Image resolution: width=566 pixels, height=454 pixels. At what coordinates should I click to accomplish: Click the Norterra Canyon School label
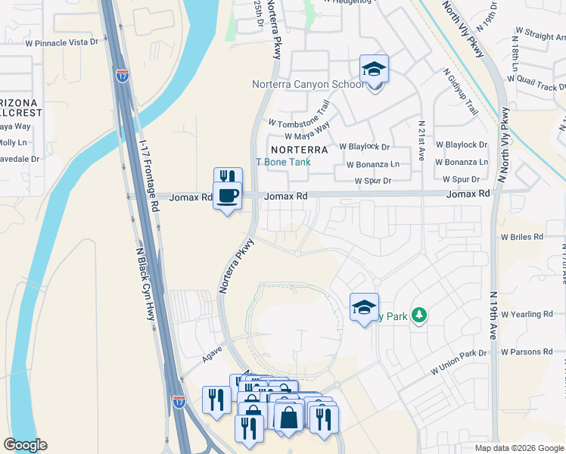[x=308, y=84]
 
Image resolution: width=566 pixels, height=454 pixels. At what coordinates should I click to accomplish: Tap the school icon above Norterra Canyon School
[x=374, y=70]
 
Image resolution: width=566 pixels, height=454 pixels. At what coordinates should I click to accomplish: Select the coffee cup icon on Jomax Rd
[x=228, y=197]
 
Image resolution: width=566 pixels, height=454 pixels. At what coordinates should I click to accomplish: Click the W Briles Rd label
[x=521, y=236]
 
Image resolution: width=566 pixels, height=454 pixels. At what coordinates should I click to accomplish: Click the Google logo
[x=25, y=445]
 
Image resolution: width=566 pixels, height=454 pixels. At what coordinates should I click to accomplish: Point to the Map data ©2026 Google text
[x=518, y=448]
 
